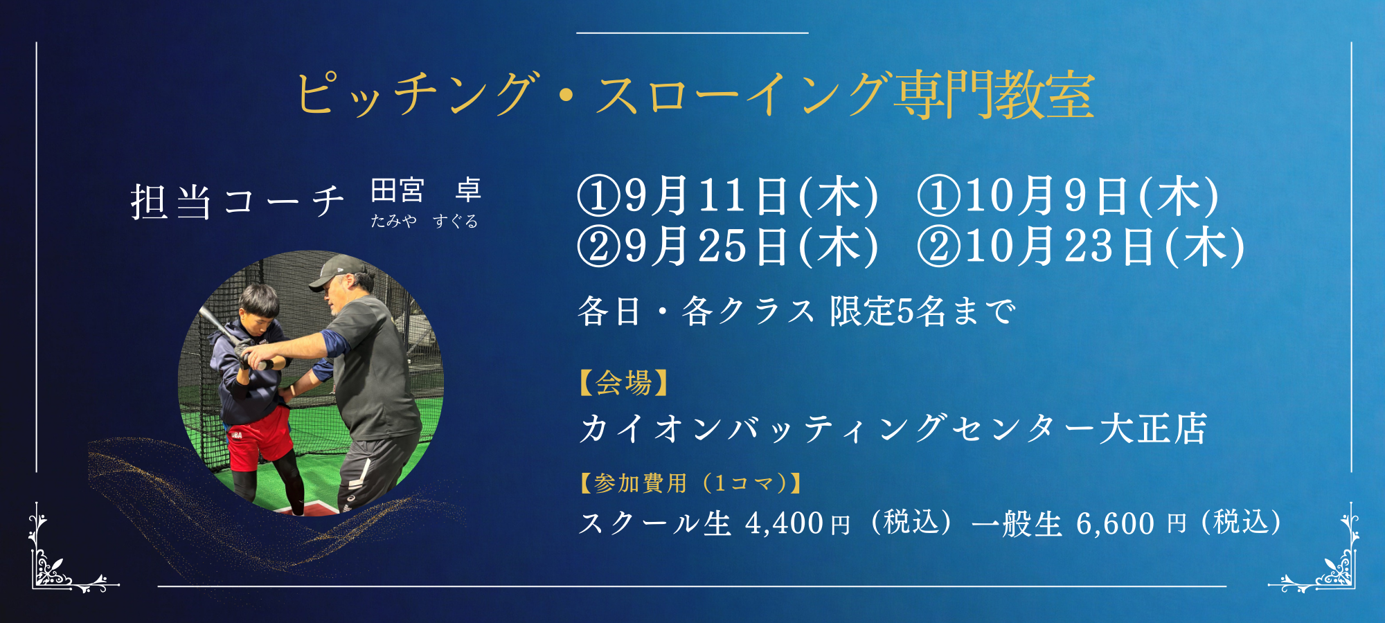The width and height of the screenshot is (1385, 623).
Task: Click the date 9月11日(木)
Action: coord(751,196)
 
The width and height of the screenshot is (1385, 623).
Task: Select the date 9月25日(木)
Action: coord(751,246)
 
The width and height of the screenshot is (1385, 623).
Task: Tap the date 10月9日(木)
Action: coord(1091,196)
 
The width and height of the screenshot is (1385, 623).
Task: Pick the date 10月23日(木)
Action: coord(1105,246)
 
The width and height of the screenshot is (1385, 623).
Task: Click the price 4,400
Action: coord(784,524)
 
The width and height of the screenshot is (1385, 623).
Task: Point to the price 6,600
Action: coord(1115,524)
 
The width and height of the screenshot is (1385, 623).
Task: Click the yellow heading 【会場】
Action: coord(623,382)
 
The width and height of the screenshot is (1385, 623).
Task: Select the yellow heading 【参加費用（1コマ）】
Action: coord(690,482)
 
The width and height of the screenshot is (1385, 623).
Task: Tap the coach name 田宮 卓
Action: coord(426,190)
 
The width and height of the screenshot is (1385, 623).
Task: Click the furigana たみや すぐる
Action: coord(425,221)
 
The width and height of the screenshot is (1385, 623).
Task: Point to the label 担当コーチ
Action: coord(238,202)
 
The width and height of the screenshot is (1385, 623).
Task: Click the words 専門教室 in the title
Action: coord(994,96)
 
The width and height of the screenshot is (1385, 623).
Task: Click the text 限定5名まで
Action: coord(923,311)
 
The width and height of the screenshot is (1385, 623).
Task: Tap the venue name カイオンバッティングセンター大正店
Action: coord(893,428)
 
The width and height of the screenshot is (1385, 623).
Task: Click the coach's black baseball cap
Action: coord(337,271)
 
